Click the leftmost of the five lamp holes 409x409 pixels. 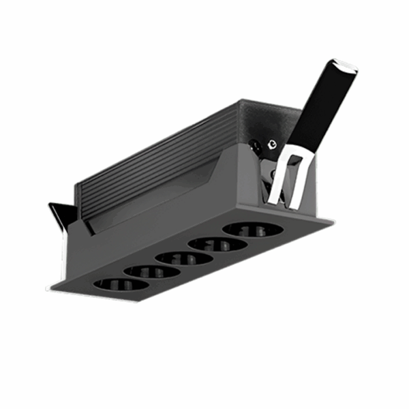point(120,284)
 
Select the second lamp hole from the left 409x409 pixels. point(152,271)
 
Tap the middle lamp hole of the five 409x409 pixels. point(182,258)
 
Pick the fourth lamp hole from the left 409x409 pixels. point(217,244)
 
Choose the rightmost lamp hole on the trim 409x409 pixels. point(252,229)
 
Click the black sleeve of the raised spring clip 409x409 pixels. point(321,109)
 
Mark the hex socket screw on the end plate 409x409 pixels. point(272,145)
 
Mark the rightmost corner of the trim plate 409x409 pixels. point(333,220)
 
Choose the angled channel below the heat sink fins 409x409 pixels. point(157,204)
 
